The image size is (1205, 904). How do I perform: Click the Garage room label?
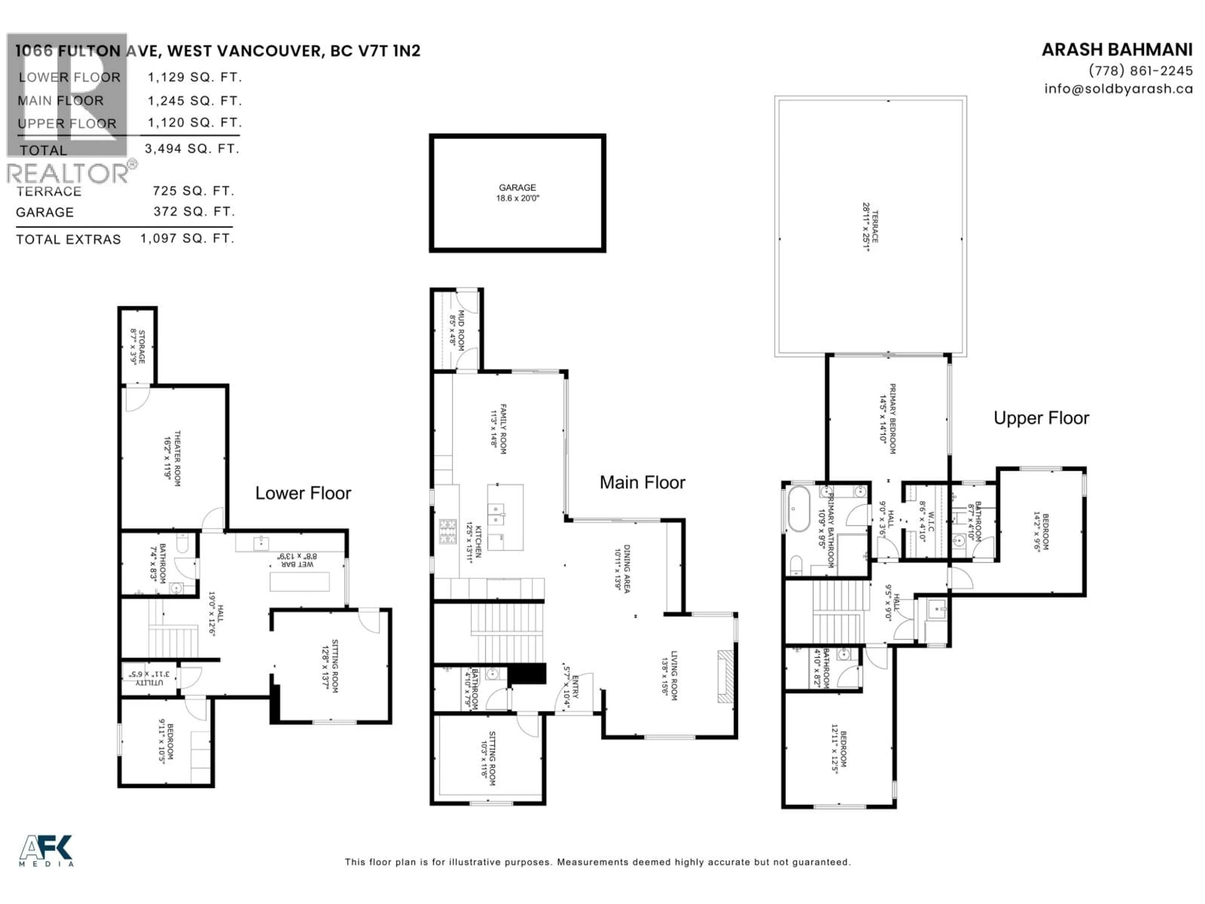[x=517, y=187]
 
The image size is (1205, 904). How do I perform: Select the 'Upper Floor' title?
[x=1041, y=418]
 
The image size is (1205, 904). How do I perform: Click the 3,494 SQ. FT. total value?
[x=192, y=149]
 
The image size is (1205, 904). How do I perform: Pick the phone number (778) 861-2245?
[x=1140, y=71]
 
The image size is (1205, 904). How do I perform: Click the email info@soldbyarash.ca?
[x=1118, y=89]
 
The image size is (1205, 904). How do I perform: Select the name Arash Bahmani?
[x=1117, y=50]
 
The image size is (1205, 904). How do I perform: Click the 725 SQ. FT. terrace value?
[x=193, y=191]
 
